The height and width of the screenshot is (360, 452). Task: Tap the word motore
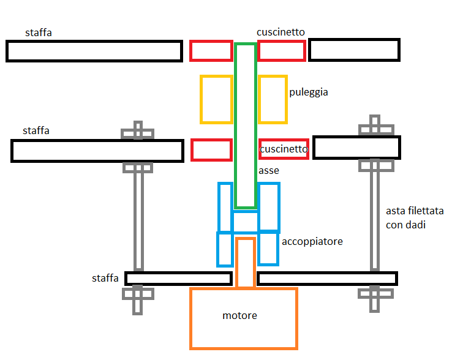click(x=239, y=316)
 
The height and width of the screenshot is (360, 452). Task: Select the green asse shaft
click(x=245, y=122)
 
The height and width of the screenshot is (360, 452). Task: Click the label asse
click(x=268, y=171)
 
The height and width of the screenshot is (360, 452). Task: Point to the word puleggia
click(x=309, y=92)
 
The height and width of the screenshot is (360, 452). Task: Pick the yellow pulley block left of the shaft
click(x=216, y=99)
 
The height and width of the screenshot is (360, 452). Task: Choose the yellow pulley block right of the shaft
click(x=273, y=99)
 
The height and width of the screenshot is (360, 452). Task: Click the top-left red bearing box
click(x=211, y=51)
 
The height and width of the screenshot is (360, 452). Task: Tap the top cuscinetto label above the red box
click(x=281, y=32)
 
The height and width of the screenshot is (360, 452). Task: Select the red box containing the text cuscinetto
click(x=283, y=149)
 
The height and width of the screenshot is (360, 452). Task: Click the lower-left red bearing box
click(x=211, y=149)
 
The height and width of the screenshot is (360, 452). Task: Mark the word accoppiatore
click(x=312, y=242)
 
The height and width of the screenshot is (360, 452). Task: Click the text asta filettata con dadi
click(x=415, y=218)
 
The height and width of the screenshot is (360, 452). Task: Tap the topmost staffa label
click(x=38, y=32)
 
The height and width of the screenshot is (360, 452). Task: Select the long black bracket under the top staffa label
click(x=94, y=51)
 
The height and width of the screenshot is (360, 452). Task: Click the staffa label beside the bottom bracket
click(x=105, y=279)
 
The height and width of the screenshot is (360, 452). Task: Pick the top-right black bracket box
click(x=354, y=50)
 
